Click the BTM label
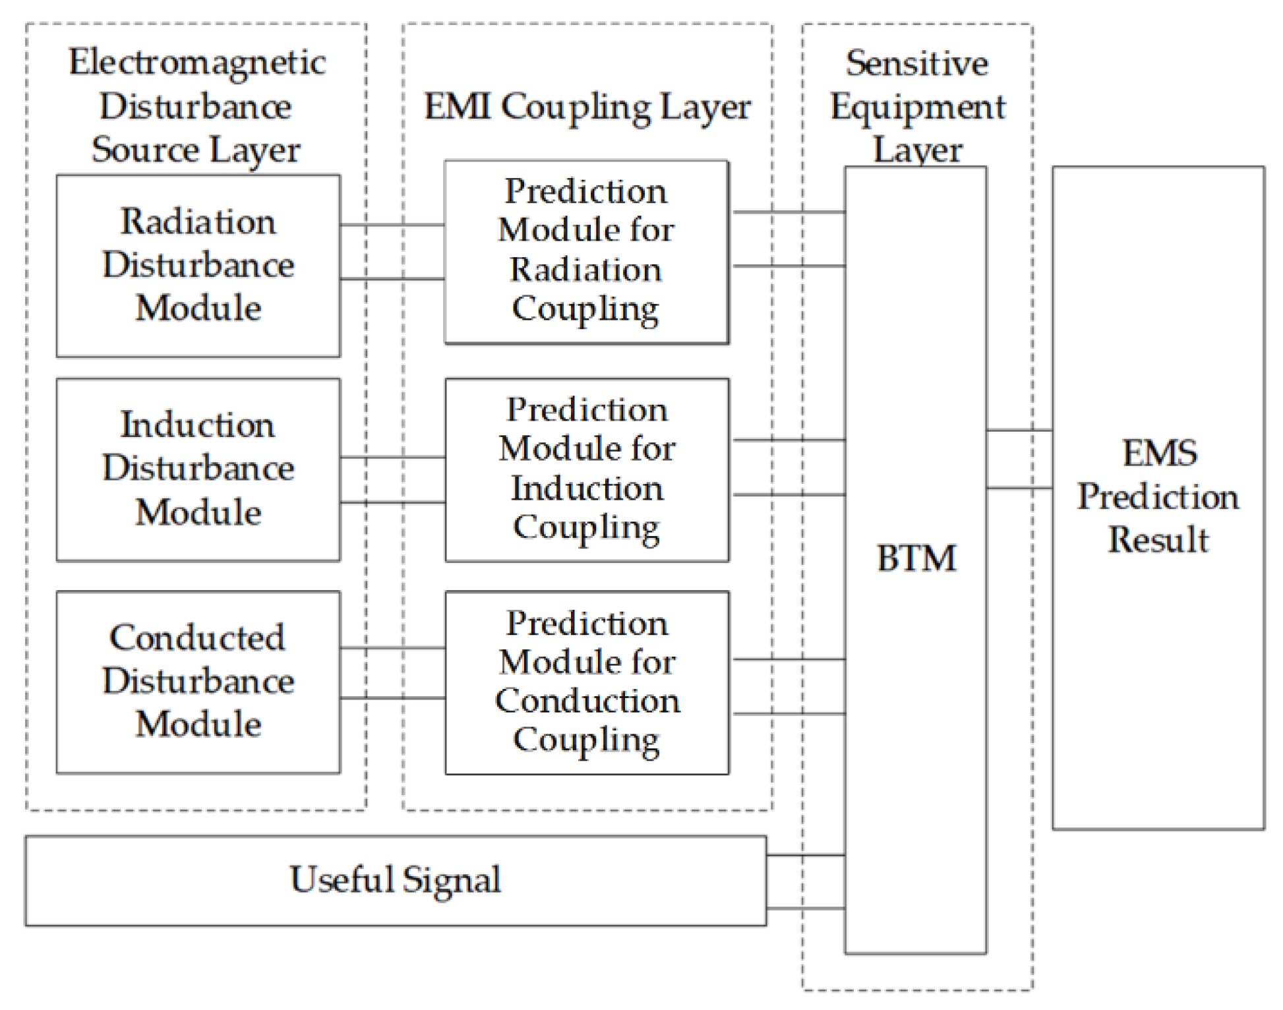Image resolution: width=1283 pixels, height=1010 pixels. point(916,558)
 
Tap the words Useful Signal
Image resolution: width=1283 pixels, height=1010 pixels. point(395,880)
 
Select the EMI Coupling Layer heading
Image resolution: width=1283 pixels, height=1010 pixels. point(587,107)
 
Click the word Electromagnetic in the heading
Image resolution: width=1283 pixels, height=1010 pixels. point(197,63)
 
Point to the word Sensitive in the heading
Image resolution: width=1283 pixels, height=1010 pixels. point(917,64)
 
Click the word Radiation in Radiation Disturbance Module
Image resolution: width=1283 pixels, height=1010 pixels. point(198,222)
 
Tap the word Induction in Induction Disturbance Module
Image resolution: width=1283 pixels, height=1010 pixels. point(197,425)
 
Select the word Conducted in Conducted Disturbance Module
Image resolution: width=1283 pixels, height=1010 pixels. point(197,638)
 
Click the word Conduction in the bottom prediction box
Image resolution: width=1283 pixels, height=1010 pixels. point(587,701)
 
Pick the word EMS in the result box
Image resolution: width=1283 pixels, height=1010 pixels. point(1159,454)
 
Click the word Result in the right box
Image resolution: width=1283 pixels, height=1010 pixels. point(1158,540)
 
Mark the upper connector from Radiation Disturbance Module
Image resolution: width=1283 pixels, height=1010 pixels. point(392,225)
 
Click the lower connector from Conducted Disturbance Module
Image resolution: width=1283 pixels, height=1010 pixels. point(392,698)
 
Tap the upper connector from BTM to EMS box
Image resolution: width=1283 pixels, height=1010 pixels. point(1019,431)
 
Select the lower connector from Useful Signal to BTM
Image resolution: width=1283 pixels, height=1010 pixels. point(806,908)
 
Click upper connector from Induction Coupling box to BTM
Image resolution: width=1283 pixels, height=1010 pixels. point(789,440)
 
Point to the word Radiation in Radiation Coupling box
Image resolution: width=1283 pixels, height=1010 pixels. point(585,270)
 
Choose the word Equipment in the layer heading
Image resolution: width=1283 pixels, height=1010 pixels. point(917,107)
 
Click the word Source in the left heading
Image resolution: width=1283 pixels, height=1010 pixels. point(146,150)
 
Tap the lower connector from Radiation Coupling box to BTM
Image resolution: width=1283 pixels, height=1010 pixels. point(789,266)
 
